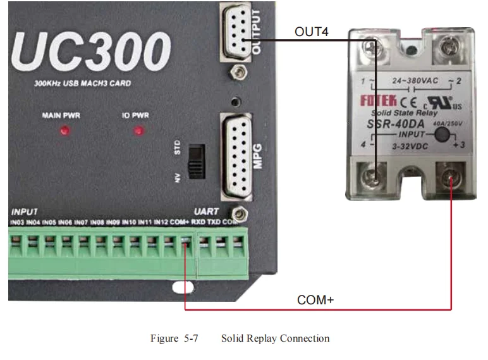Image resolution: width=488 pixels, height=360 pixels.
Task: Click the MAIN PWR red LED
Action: coord(64,132)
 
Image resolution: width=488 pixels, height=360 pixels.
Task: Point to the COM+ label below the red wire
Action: coord(315,300)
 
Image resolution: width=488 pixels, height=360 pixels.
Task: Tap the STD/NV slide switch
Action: coord(198,161)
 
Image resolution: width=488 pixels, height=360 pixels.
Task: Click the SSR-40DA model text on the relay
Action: coord(396,123)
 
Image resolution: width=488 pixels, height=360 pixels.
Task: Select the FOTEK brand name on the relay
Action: coord(379,100)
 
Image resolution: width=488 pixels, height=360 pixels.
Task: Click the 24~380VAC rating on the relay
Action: coord(411,82)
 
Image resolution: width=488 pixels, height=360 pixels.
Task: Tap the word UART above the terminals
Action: coord(206,211)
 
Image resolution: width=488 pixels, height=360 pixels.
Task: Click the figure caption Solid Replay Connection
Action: coord(275,338)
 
